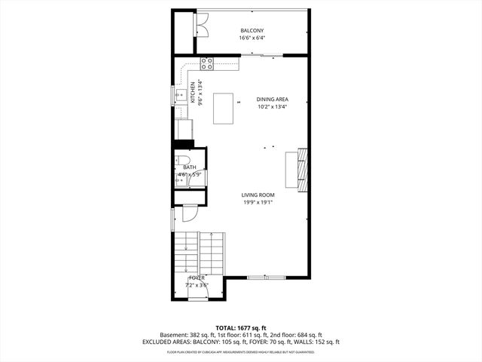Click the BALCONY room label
tap(252, 30)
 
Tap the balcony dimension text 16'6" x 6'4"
tap(252, 38)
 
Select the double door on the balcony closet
tap(202, 25)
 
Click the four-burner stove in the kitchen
tap(206, 64)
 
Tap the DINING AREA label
tap(272, 99)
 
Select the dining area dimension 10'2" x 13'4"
tap(272, 106)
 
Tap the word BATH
tap(189, 167)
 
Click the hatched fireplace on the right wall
tap(302, 168)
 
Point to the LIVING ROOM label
tap(258, 195)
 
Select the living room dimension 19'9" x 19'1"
tap(258, 202)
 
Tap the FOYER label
tap(197, 278)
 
